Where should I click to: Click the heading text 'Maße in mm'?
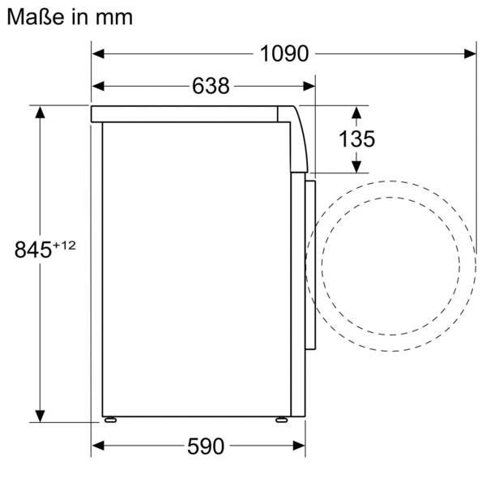click(x=70, y=15)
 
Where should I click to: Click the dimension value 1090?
click(x=284, y=53)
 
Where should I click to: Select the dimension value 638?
click(x=211, y=85)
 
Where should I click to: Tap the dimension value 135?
click(x=356, y=139)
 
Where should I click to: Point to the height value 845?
click(x=33, y=249)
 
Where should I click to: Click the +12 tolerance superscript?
click(x=64, y=245)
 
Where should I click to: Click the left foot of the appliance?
click(x=110, y=420)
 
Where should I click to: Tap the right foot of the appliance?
click(x=279, y=420)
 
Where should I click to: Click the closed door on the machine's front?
click(x=309, y=267)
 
